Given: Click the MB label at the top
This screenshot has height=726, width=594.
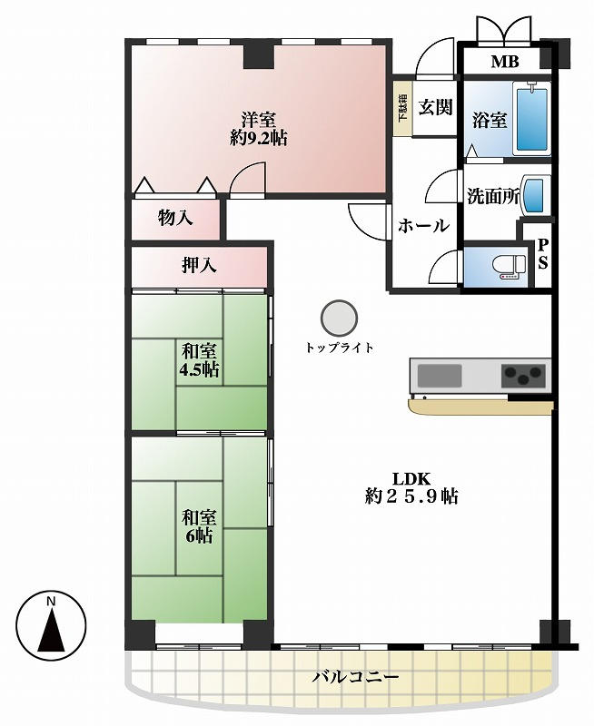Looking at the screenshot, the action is tap(505, 61).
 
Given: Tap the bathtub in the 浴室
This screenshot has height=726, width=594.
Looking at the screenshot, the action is tap(532, 119).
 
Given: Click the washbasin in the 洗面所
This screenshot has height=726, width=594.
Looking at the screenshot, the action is tap(535, 195).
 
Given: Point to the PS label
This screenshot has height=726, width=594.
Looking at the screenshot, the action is tap(542, 254).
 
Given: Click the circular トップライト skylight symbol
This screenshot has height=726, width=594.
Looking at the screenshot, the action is tap(339, 319).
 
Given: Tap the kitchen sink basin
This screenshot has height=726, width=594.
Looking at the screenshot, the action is tap(440, 376).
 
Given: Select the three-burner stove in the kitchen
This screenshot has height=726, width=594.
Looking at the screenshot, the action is tap(523, 375).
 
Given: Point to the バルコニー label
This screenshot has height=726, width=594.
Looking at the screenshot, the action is tap(355, 677).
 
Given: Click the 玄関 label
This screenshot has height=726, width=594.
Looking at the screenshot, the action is tap(435, 107).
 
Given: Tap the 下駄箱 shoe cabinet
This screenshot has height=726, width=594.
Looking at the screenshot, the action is tap(402, 109).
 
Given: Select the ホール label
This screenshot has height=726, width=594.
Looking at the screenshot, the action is tap(423, 225).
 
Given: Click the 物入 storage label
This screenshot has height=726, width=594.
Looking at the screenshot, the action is tap(175, 217).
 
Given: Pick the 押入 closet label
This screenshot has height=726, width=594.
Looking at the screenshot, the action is tap(199, 265).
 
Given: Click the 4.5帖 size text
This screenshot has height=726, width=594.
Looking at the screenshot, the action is tap(199, 370).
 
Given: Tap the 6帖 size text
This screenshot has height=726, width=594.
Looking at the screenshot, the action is tap(199, 535).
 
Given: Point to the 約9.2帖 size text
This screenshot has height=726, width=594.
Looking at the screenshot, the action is tap(258, 138).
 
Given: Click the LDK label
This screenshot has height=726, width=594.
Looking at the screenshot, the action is tap(412, 478).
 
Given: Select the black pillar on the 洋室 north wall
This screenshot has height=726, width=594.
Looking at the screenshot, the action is tap(259, 56).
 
